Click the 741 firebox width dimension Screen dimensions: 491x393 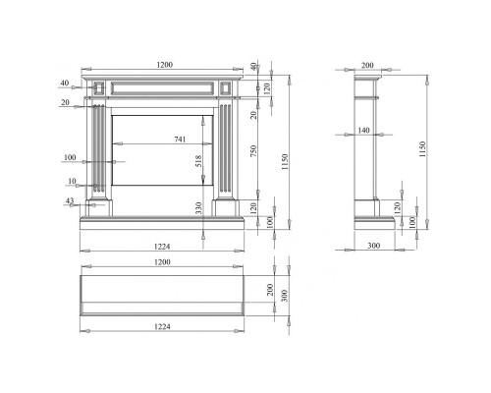coord(180,140)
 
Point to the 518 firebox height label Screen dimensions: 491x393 coord(198,161)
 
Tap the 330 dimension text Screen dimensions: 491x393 coord(198,208)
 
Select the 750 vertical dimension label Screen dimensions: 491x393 coord(253,151)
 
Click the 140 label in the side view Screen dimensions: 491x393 coord(363,131)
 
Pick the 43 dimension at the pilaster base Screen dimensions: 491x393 coord(70,200)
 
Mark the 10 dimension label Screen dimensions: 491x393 coord(72,181)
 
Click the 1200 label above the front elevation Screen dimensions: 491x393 coord(164,65)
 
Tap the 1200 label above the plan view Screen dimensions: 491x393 coord(162,262)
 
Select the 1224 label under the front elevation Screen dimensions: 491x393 coord(162,247)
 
